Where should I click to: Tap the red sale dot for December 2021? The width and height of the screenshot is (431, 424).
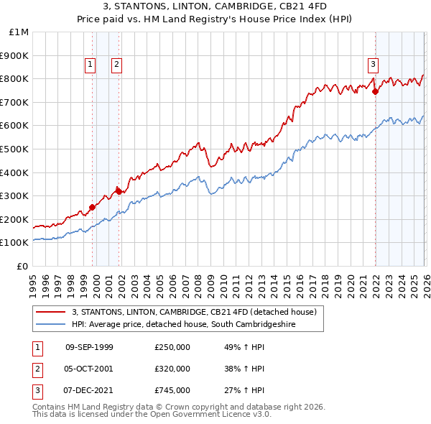point(376,91)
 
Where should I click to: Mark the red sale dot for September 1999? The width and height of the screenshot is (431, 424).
point(92,207)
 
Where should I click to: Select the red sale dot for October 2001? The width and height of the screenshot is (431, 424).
point(119,190)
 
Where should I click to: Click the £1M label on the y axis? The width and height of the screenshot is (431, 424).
point(19,32)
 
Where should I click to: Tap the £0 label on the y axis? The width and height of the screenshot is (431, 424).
point(23,266)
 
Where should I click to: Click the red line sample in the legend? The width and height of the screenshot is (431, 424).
point(52,312)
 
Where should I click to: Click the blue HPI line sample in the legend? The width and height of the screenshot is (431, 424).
point(52,325)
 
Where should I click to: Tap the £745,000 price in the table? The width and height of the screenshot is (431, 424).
point(172,391)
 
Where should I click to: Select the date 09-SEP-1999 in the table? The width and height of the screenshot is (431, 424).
point(89,346)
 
